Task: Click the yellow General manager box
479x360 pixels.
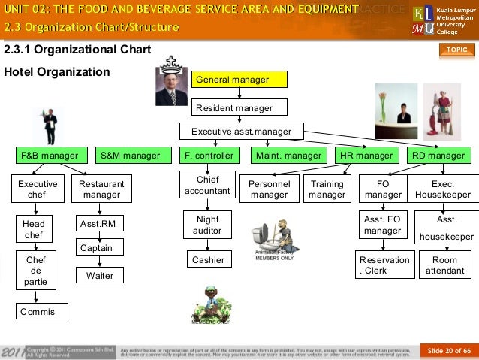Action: (240, 80)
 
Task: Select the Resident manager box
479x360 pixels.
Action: (240, 107)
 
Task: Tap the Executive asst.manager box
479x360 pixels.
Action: (240, 132)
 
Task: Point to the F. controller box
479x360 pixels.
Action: (208, 156)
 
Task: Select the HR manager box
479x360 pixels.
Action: (366, 156)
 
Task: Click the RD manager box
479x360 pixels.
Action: (438, 156)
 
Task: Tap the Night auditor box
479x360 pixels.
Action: (207, 225)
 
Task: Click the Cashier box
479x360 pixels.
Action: (207, 260)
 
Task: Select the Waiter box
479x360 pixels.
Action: (99, 276)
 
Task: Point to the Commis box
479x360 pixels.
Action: (41, 310)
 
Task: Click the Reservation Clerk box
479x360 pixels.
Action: (384, 265)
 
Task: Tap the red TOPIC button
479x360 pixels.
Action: (457, 50)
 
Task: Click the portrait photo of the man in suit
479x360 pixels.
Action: (171, 85)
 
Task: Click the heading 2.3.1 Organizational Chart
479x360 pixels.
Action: (78, 51)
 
